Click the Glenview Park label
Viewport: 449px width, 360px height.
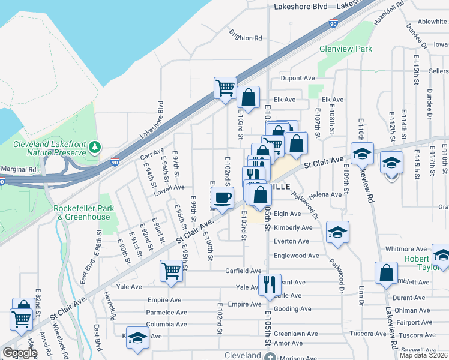coord(345,49)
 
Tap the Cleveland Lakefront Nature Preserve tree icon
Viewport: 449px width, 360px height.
coord(94,146)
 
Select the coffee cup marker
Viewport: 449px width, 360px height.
coord(222,197)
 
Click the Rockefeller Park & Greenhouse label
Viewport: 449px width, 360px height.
coord(82,212)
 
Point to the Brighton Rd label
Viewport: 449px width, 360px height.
coord(246,37)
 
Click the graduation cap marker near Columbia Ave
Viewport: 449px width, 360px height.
coord(137,337)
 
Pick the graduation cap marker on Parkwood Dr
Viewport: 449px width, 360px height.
coord(337,232)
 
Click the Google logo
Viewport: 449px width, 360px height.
coord(20,353)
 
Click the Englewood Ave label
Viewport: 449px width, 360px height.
coord(296,256)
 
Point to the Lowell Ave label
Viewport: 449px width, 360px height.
coord(169,187)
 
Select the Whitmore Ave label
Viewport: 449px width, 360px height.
coord(405,248)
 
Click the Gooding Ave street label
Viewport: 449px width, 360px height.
coord(293,309)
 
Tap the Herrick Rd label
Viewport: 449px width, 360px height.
coord(111,306)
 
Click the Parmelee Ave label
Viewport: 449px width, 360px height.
coord(163,312)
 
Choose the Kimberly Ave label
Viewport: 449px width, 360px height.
coord(293,228)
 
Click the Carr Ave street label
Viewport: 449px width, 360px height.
coord(152,155)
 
